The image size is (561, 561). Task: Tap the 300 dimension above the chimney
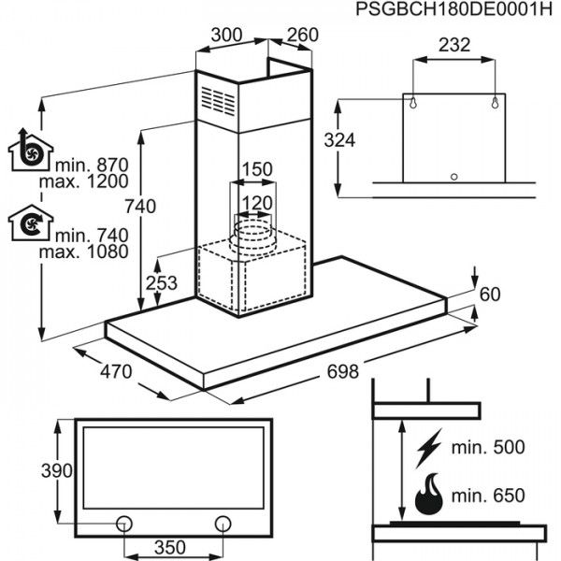(226, 35)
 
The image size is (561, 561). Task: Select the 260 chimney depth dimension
(301, 36)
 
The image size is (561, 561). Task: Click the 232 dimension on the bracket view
(453, 44)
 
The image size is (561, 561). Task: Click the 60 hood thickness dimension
(491, 295)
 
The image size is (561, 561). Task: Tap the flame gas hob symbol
(429, 493)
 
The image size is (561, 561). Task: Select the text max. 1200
(90, 182)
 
